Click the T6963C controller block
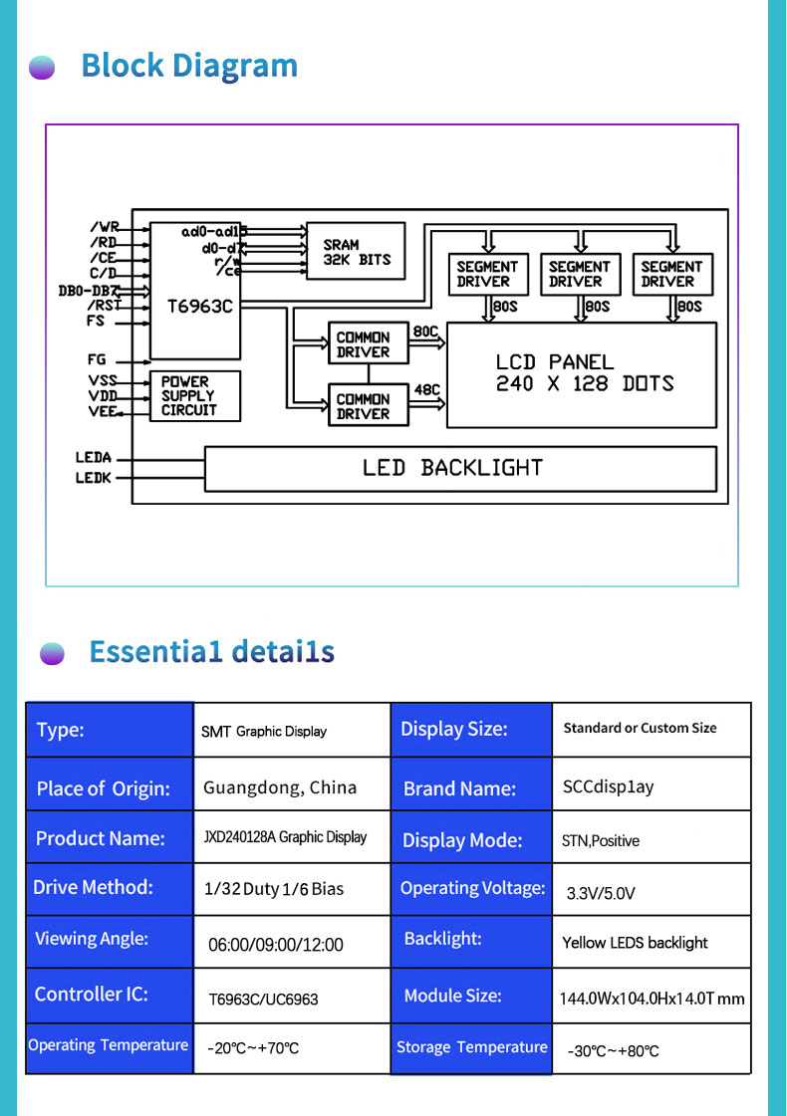click(x=195, y=291)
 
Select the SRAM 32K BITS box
click(x=356, y=251)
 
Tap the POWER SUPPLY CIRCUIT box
click(x=195, y=395)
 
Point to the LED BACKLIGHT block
click(x=460, y=468)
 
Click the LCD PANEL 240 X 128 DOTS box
click(x=581, y=375)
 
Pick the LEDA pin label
click(x=94, y=457)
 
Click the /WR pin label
click(x=104, y=227)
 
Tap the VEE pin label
click(x=104, y=411)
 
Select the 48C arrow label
click(x=427, y=389)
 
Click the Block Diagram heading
click(x=189, y=66)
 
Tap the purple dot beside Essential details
click(x=52, y=653)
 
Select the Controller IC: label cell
click(x=110, y=995)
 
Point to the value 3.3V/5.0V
click(x=601, y=893)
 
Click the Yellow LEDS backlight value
click(x=635, y=943)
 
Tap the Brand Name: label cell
click(x=471, y=783)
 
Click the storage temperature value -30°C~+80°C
click(x=614, y=1051)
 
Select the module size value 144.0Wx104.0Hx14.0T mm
click(x=652, y=999)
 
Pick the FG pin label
click(x=97, y=359)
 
